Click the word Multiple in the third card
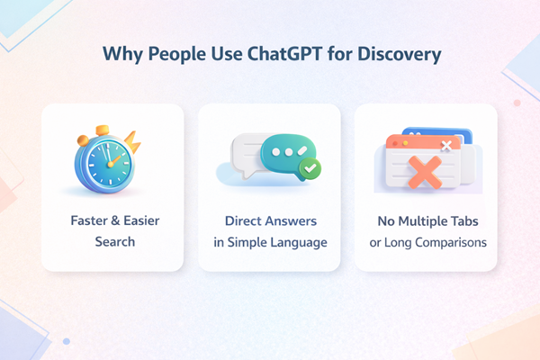click(x=427, y=221)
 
